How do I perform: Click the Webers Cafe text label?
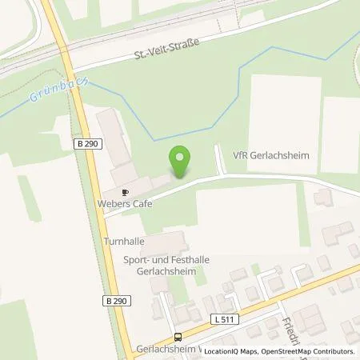[x=126, y=204]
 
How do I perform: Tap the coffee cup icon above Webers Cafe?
[x=125, y=192]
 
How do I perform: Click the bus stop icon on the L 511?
[x=178, y=337]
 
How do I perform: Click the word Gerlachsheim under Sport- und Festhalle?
[x=162, y=273]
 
